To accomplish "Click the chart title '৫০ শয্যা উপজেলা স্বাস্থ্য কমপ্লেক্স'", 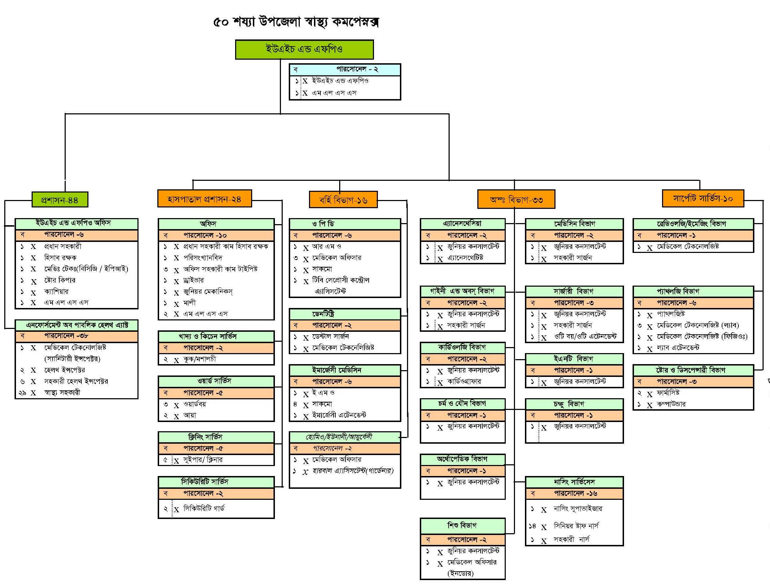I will coord(296,22).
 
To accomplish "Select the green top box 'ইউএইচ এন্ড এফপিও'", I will coord(304,49).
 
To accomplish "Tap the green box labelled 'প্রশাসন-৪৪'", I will coord(60,200).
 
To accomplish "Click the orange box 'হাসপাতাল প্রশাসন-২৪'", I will coord(204,199).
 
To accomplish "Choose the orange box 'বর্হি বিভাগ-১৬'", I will coord(343,200).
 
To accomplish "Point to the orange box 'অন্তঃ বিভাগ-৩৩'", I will coord(516,199).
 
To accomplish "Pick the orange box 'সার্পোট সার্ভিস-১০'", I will coord(703,198).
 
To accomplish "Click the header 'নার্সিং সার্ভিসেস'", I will coord(574,482).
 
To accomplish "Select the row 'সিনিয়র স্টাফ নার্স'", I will coord(576,526).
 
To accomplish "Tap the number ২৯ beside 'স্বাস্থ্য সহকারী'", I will coord(22,393).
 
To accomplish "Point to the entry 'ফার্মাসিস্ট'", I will coord(668,393).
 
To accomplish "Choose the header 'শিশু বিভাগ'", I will coord(462,525).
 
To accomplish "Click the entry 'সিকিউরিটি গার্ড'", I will coord(204,508).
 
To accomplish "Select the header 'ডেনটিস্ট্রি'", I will coord(323,314).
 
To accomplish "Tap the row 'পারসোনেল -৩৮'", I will coord(66,336).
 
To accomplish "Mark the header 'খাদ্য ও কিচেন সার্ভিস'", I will coord(208,336).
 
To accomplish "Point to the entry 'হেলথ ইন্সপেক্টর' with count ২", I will coord(65,370).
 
